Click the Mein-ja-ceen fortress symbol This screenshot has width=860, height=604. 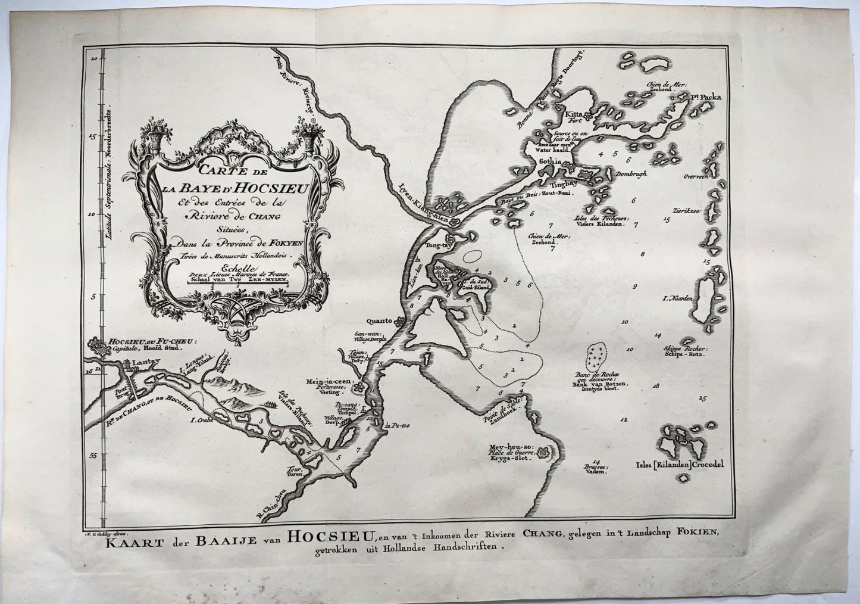[x=358, y=388]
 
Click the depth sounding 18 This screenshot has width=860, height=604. [x=657, y=386]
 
